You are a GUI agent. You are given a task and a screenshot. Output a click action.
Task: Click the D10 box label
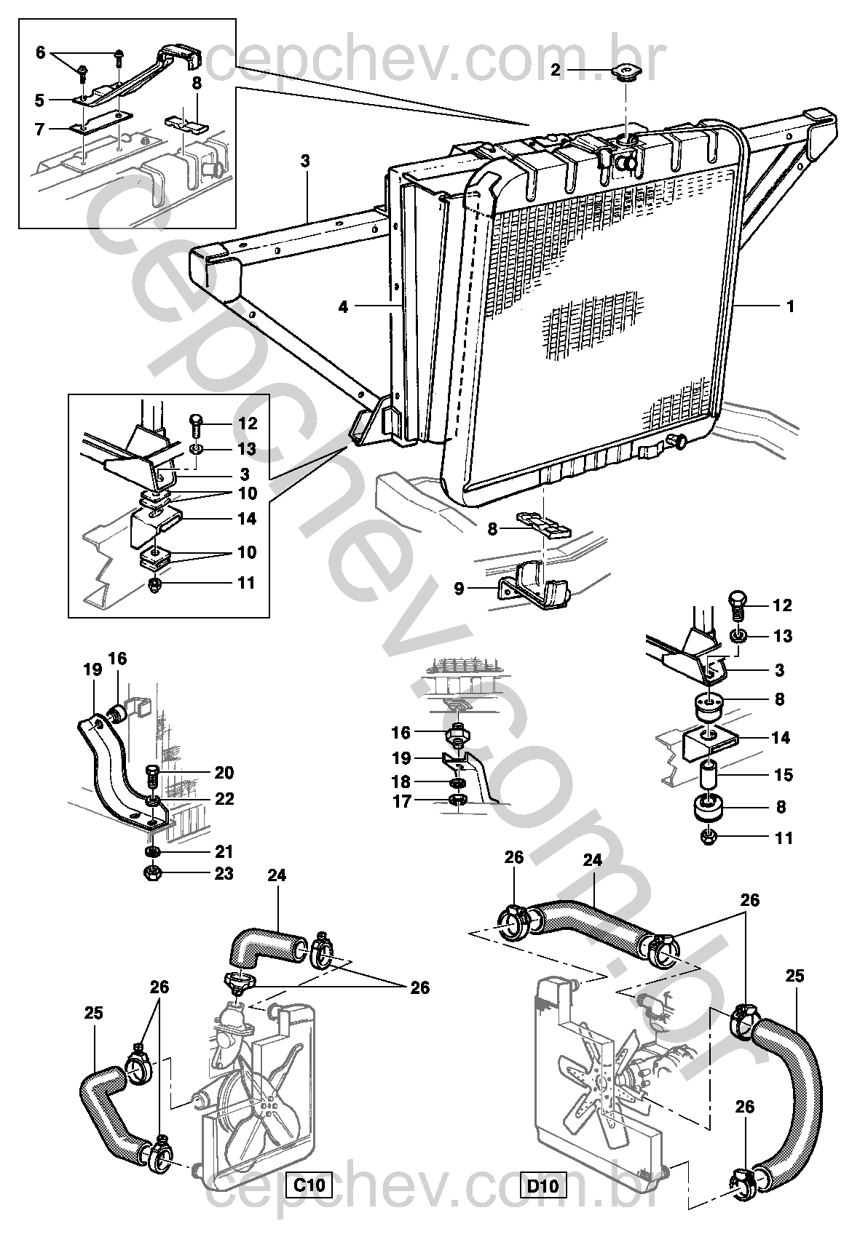click(542, 1186)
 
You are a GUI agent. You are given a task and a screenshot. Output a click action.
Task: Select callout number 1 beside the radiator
click(790, 306)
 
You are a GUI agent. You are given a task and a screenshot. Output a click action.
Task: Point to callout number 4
click(344, 307)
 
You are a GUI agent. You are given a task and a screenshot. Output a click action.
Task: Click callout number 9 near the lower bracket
click(459, 588)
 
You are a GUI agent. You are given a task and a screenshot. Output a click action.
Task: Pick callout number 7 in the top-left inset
click(39, 129)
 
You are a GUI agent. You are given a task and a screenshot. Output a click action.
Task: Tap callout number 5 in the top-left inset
click(39, 100)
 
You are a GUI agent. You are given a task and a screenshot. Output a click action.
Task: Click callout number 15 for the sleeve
click(783, 775)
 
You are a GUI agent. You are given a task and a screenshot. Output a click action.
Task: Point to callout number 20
click(224, 772)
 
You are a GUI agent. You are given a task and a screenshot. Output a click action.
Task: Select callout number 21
click(224, 851)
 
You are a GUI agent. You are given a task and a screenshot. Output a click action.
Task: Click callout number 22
click(224, 798)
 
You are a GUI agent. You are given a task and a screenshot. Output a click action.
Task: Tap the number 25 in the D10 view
click(794, 976)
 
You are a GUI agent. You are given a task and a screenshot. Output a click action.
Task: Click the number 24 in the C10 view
click(276, 875)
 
